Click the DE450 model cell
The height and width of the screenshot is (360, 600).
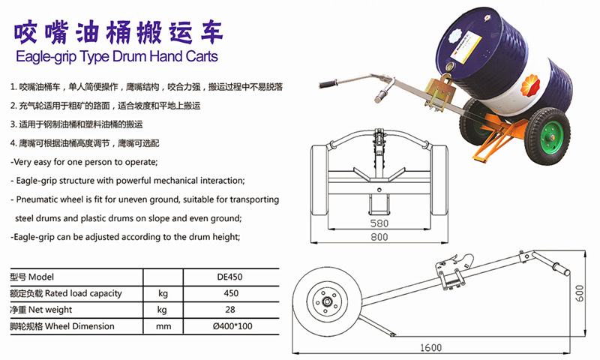coord(229,277)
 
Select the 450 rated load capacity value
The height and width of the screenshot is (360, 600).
coord(231,293)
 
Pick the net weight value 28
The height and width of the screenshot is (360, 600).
coord(230,310)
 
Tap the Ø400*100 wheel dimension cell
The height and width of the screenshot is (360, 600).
coord(232,326)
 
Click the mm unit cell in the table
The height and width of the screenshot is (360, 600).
coord(163,327)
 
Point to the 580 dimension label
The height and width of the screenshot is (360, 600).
coord(379,223)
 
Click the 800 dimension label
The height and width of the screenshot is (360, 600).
coord(379,237)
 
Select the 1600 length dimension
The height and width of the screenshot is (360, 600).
coord(430,347)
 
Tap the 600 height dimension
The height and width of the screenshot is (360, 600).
coord(579,293)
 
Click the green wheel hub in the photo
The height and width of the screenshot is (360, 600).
coord(551,137)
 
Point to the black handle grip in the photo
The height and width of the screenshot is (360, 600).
coord(328,84)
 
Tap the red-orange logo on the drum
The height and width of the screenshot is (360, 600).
coord(530,85)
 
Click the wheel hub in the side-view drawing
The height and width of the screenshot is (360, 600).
coord(326,301)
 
